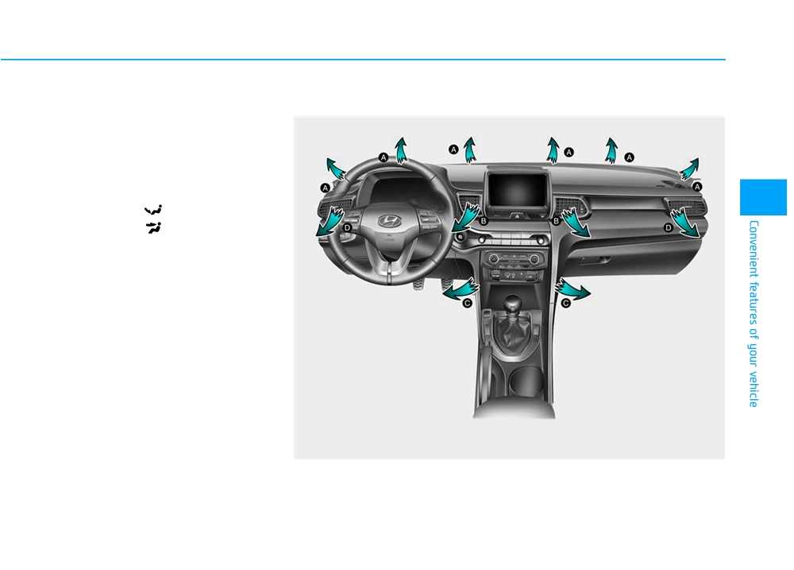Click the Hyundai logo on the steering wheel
point(390,221)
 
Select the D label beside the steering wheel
point(348,227)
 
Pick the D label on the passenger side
point(668,227)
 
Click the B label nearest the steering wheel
point(484,221)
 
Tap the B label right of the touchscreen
point(556,221)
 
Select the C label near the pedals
point(468,303)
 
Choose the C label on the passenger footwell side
point(565,303)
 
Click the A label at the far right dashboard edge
point(697,187)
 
